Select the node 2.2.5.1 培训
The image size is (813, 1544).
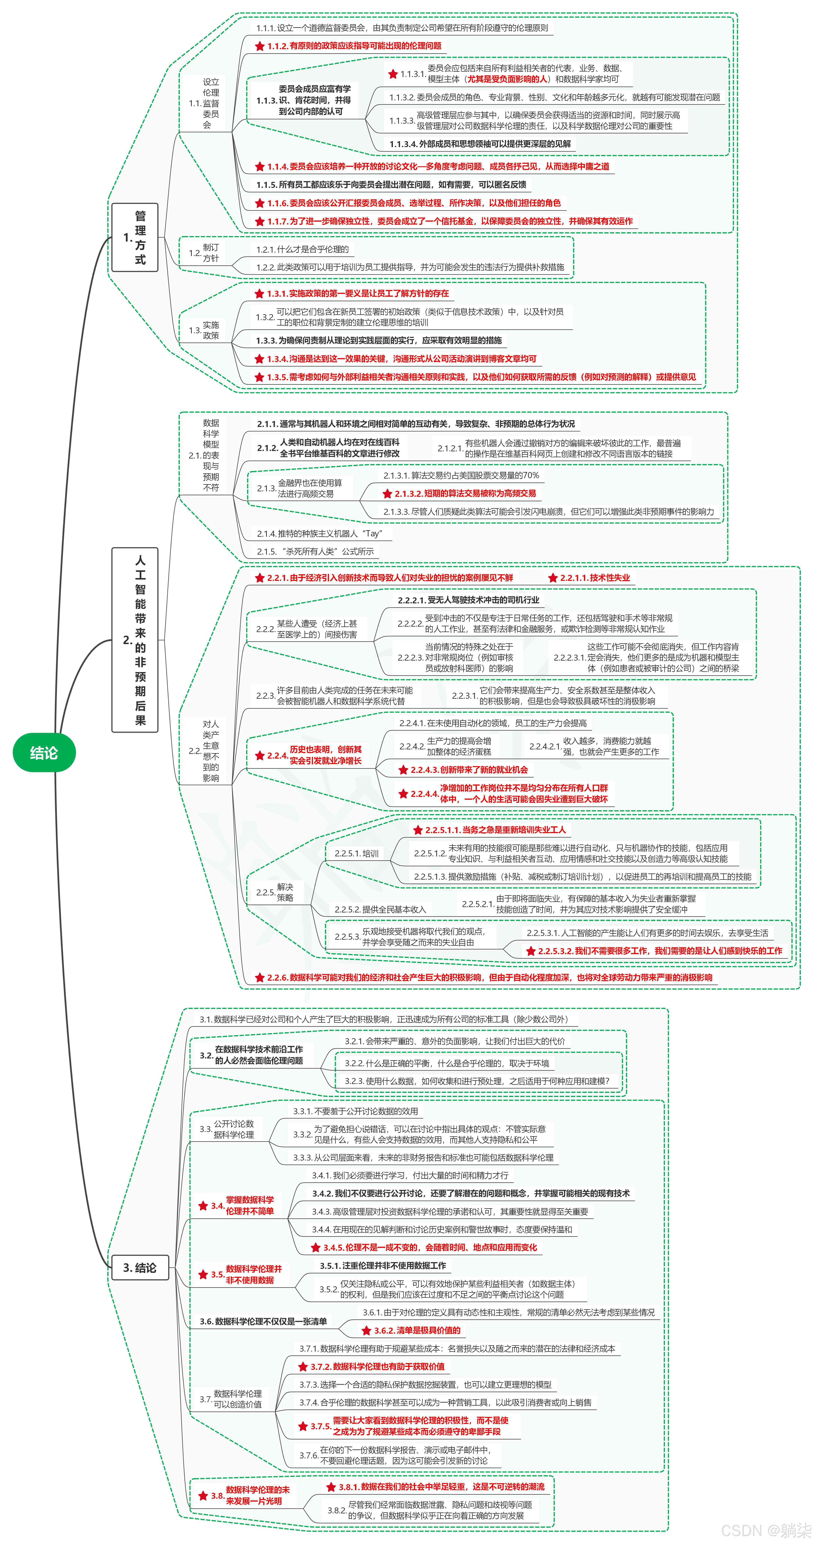(356, 854)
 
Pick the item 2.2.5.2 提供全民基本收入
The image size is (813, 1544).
(380, 909)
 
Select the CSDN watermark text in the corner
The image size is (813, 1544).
(766, 1530)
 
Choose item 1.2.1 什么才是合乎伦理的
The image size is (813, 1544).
(302, 249)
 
